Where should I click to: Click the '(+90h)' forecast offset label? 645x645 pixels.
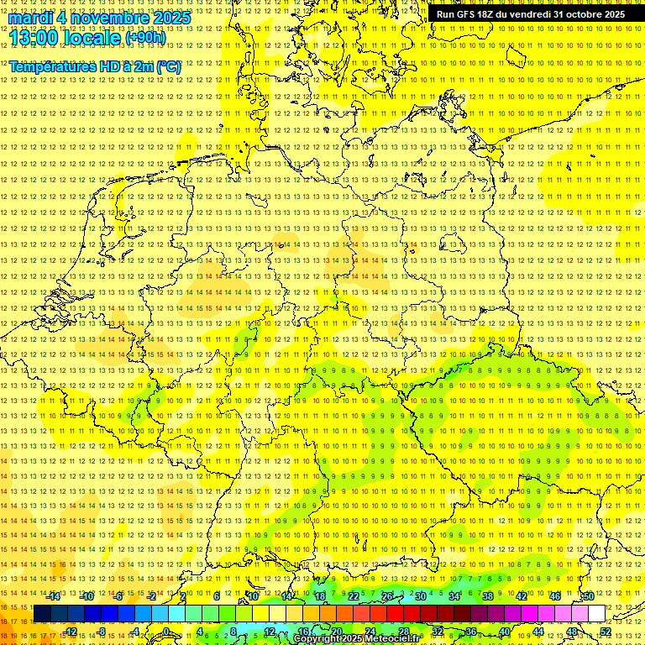point(146,38)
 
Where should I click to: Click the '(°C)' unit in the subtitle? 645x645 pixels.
point(168,66)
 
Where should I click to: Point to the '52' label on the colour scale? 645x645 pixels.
point(606,632)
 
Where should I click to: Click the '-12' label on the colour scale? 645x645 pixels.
point(71,632)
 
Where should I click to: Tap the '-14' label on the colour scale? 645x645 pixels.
point(54,595)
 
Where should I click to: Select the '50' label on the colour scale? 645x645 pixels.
point(589,595)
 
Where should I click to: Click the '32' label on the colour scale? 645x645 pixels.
point(438,632)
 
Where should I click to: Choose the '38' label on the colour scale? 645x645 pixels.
point(488,595)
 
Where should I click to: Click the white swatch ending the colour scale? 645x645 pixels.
point(596,614)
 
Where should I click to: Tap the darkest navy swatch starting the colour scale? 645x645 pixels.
point(42,614)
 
